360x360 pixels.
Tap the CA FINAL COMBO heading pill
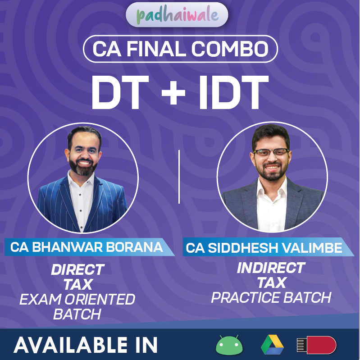point(180,49)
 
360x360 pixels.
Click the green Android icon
point(229,345)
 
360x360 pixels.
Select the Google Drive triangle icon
point(272,345)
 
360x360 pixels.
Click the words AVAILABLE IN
point(86,345)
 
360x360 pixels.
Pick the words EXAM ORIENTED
point(77,299)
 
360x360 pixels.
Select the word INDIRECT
point(271,268)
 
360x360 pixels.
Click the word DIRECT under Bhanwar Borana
point(77,269)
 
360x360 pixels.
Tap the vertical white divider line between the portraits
point(179,177)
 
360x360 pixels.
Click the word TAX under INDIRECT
point(271,283)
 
